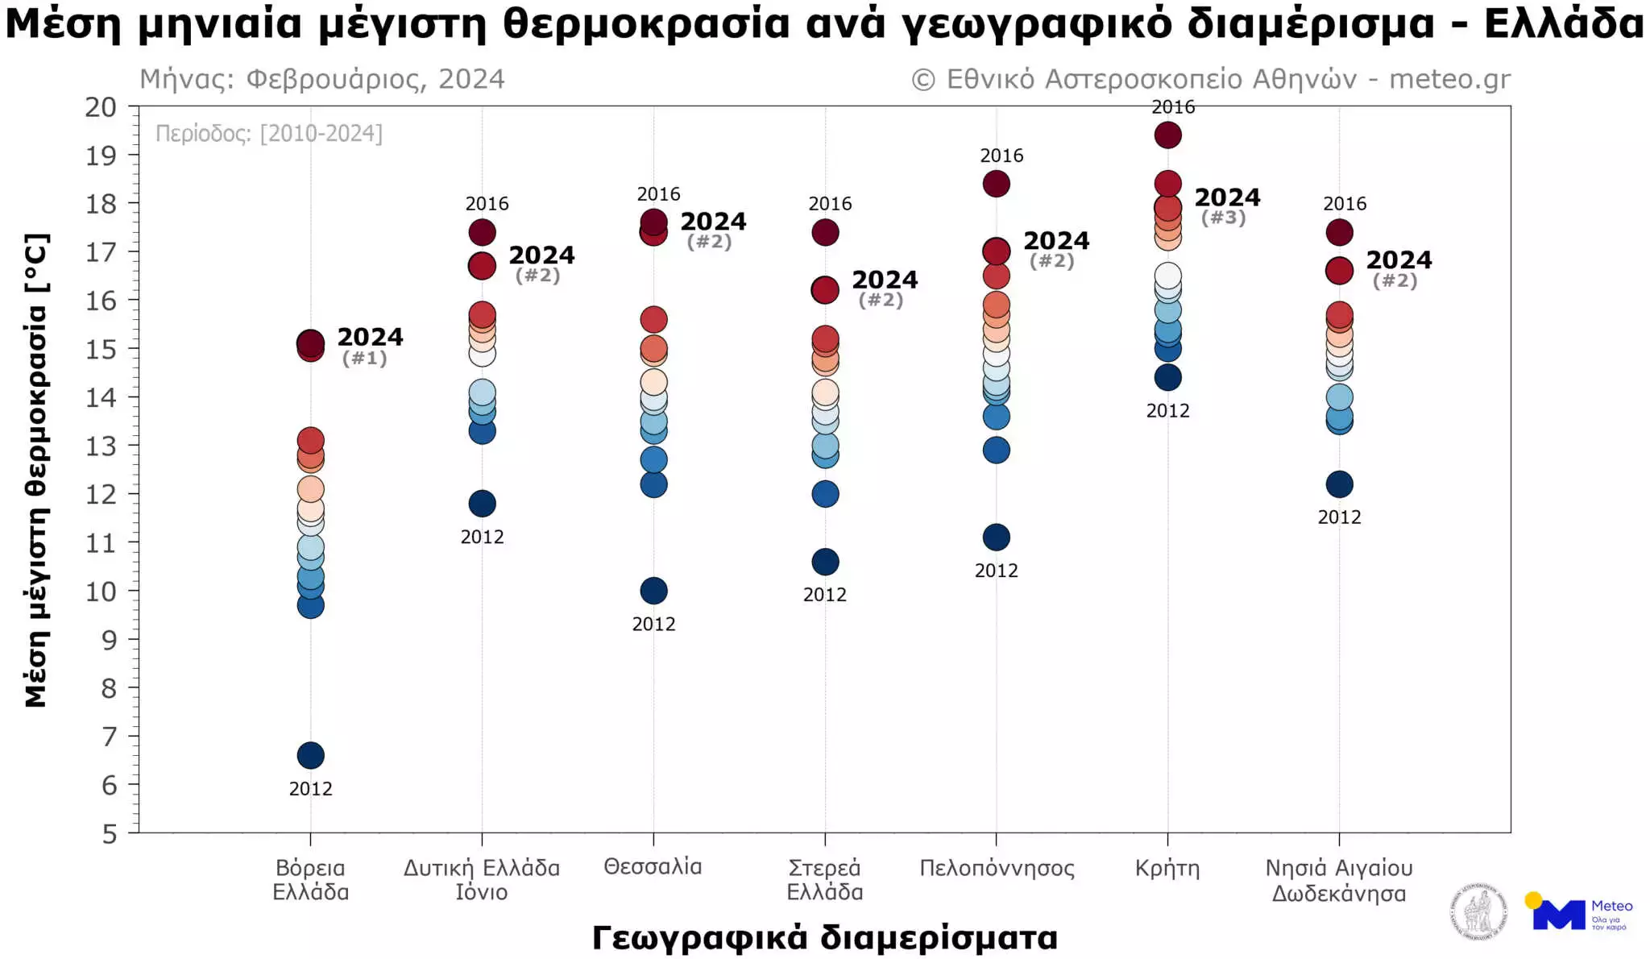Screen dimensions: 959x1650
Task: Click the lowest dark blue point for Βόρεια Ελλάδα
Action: [310, 755]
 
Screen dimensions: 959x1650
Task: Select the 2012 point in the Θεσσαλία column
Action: [653, 591]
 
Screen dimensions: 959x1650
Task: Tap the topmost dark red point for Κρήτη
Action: [1167, 135]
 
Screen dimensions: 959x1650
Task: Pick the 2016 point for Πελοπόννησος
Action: [996, 184]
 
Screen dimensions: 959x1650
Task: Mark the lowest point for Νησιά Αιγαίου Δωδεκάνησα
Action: [1339, 484]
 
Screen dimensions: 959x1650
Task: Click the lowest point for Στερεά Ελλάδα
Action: [825, 562]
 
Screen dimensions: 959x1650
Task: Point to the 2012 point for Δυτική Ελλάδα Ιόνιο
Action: [482, 504]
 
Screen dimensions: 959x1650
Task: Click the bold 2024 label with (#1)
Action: [370, 337]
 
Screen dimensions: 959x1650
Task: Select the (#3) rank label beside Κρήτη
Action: [1223, 218]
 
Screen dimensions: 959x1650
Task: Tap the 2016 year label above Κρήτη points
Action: [1173, 107]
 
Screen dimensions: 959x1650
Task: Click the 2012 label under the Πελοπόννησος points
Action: [996, 571]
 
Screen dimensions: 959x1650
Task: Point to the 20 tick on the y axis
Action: [101, 107]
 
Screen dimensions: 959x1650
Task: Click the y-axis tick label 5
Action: [110, 833]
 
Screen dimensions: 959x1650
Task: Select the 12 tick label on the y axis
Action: [101, 494]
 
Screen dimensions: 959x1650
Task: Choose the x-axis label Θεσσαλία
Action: [653, 867]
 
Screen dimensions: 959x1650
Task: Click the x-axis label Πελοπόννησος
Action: [997, 868]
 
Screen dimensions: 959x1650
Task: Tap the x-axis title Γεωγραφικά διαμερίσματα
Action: [824, 938]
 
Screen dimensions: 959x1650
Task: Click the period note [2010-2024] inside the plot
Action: [269, 133]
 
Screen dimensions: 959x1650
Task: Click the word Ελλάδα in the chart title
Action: [1563, 24]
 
